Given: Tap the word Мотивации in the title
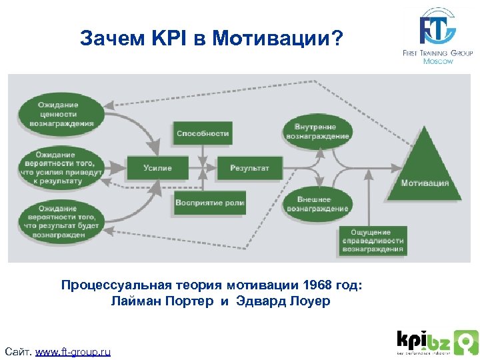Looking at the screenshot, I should [x=279, y=38].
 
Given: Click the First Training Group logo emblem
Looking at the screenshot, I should [x=437, y=27].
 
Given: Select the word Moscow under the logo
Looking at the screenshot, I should [x=438, y=61].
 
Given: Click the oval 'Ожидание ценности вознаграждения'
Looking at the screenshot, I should [x=58, y=113].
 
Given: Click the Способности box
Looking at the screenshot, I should [x=203, y=133].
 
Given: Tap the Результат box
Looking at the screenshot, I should [x=249, y=168].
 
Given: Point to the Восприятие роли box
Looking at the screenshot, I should [x=210, y=203].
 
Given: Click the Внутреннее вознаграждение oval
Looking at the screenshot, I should [x=317, y=131].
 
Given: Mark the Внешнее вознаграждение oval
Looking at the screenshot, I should [x=317, y=204].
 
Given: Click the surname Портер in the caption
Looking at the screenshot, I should [x=190, y=301].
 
